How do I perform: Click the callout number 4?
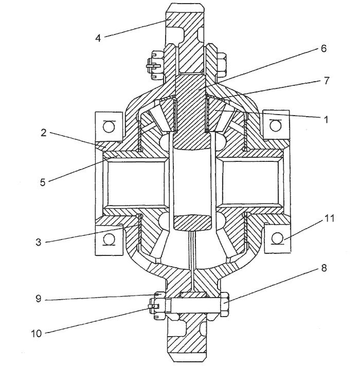point(98,38)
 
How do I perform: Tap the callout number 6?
point(323,48)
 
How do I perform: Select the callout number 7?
point(327,81)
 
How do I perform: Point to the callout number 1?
point(326,120)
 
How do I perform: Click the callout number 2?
point(44,133)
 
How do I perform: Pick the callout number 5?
point(43,182)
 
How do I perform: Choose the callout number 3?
point(39,242)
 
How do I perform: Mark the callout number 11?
point(329,218)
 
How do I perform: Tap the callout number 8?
point(324,268)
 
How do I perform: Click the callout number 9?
point(39,299)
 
